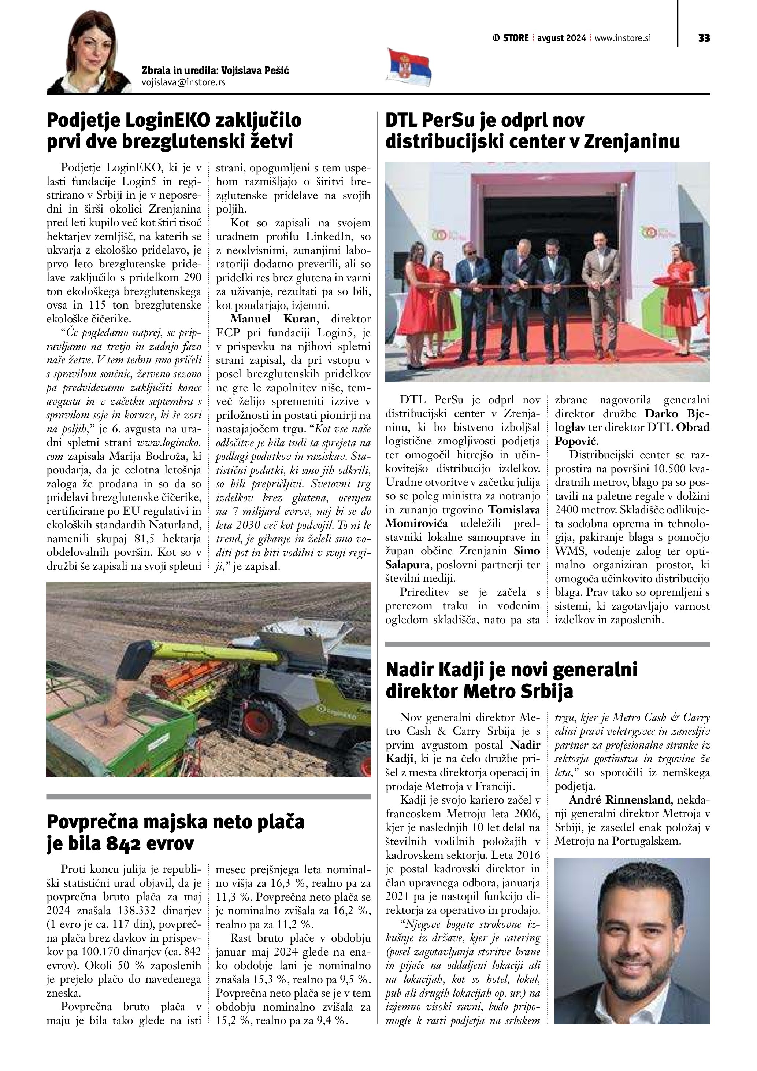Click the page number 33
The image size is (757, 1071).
coord(704,38)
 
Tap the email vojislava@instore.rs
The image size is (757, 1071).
coord(183,82)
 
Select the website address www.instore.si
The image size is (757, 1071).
coord(622,38)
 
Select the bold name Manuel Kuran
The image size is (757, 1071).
coord(273,319)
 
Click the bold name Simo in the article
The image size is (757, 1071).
coord(527,550)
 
